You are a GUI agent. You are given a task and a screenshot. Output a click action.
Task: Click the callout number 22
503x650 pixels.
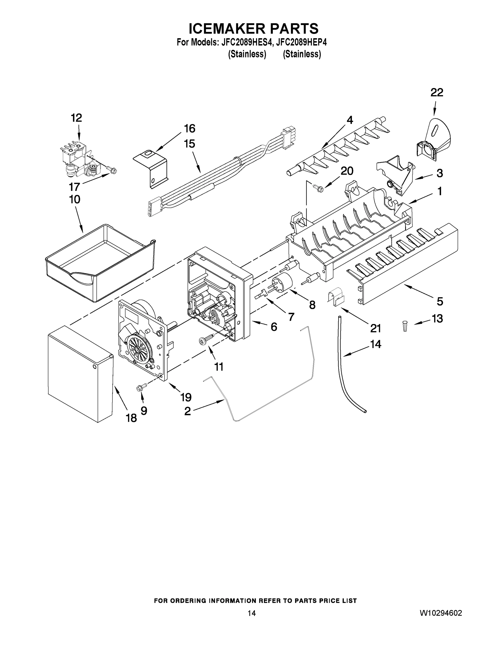pos(437,93)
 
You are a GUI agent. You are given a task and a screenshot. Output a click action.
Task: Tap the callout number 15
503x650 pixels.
pos(190,144)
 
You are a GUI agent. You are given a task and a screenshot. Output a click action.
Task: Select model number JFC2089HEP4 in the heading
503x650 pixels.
pos(301,42)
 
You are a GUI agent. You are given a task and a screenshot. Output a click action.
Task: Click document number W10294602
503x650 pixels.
pos(441,613)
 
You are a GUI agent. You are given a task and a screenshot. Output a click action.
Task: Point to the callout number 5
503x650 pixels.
pos(440,301)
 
